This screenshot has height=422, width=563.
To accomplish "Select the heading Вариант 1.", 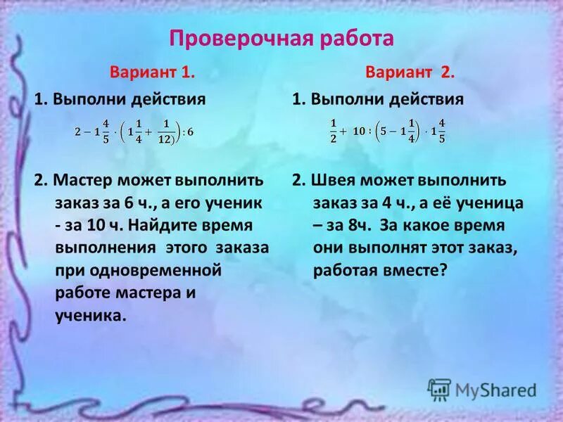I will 151,72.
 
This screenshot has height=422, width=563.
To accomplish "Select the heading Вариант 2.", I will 411,72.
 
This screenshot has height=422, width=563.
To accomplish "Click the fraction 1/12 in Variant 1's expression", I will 167,132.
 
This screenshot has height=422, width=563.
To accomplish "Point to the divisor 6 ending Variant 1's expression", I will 189,132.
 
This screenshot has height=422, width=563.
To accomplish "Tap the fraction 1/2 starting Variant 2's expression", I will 334,130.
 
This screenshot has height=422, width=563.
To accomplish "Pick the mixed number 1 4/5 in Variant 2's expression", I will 437,131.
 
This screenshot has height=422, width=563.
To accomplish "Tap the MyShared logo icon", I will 438,390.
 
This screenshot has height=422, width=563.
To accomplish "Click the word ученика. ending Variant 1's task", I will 91,316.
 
